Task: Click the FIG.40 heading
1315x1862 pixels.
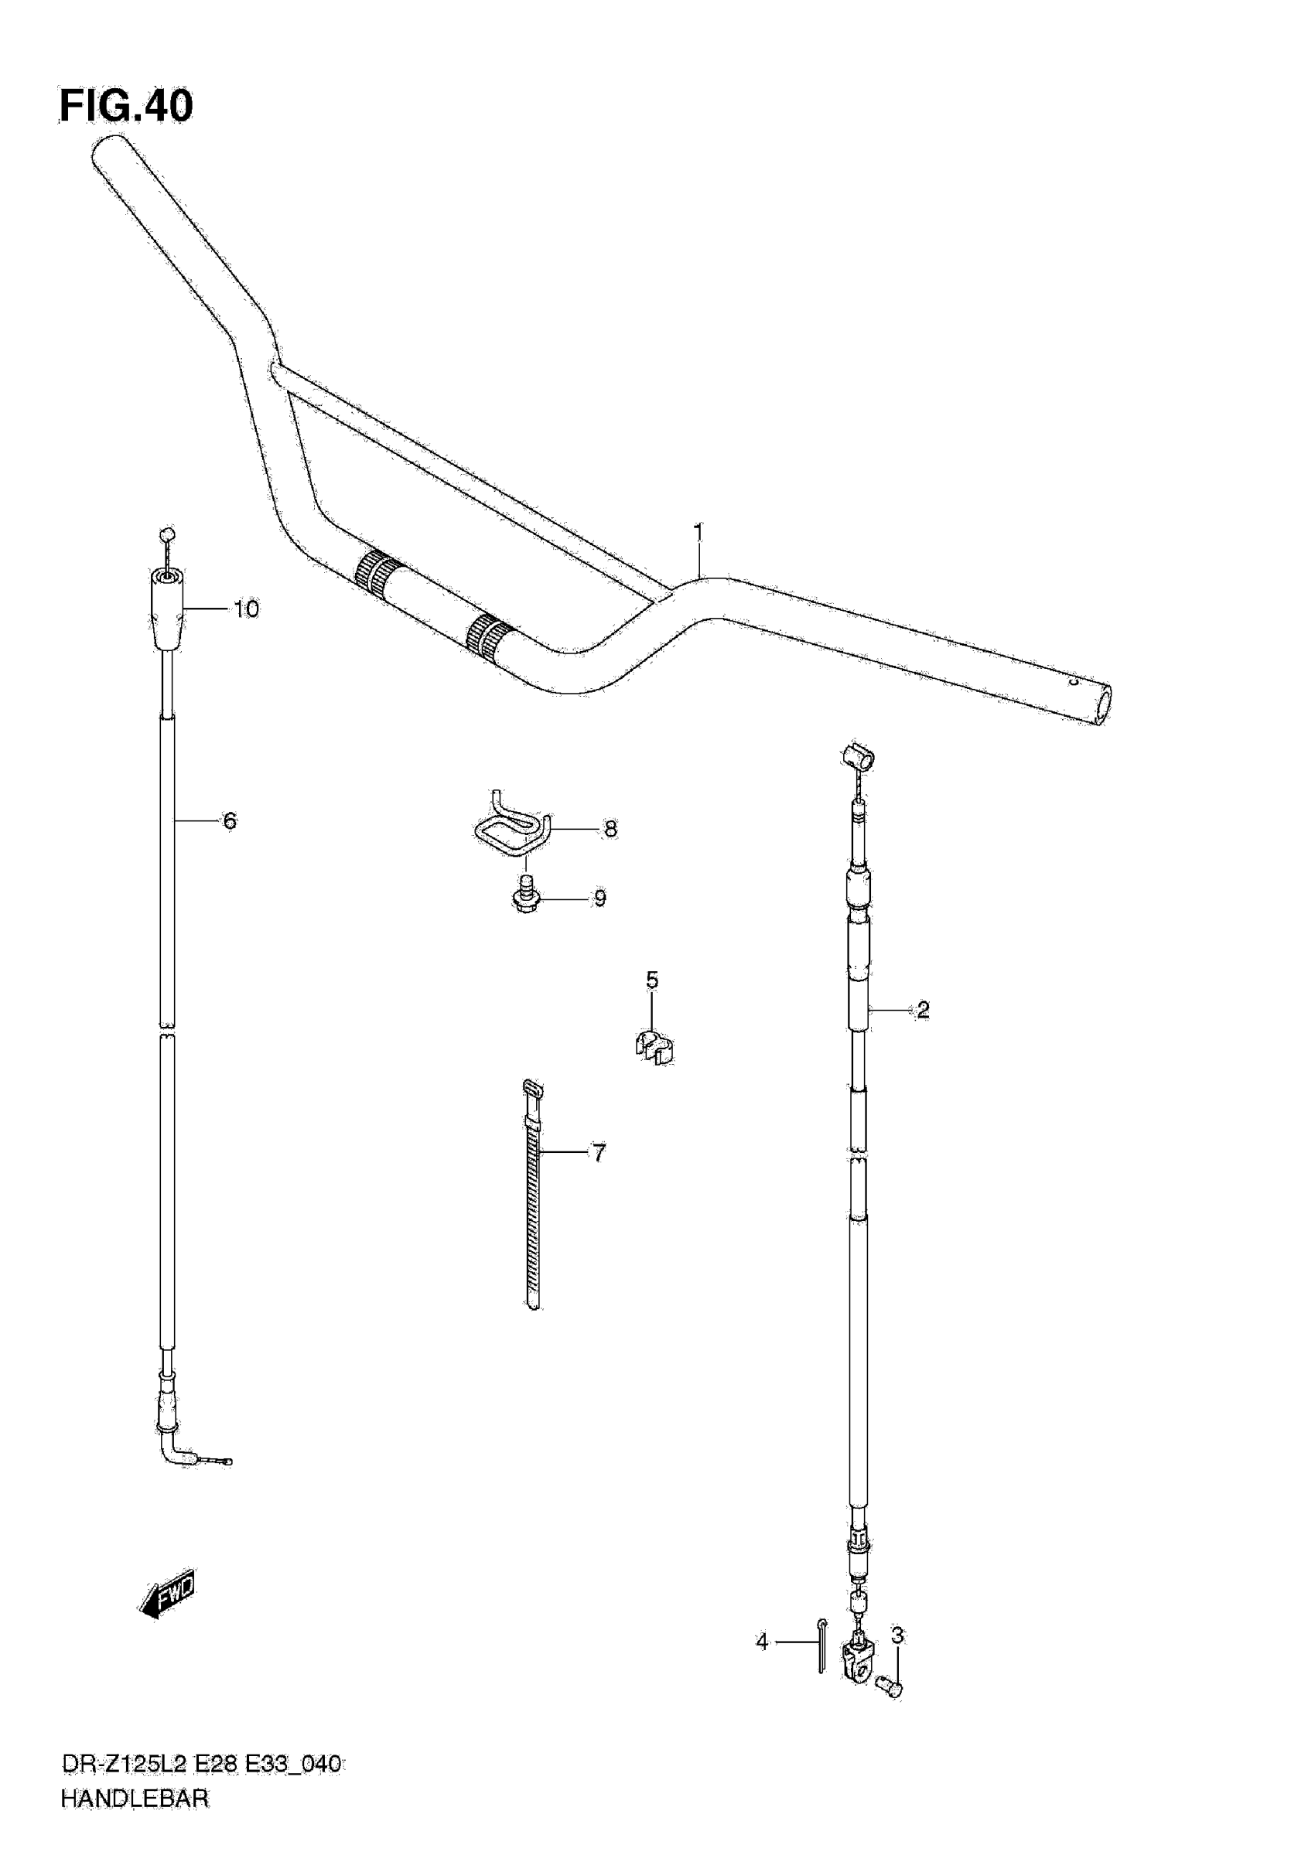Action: click(127, 106)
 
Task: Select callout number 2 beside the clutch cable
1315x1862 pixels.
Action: click(922, 1010)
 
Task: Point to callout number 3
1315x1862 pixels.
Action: click(897, 1635)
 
